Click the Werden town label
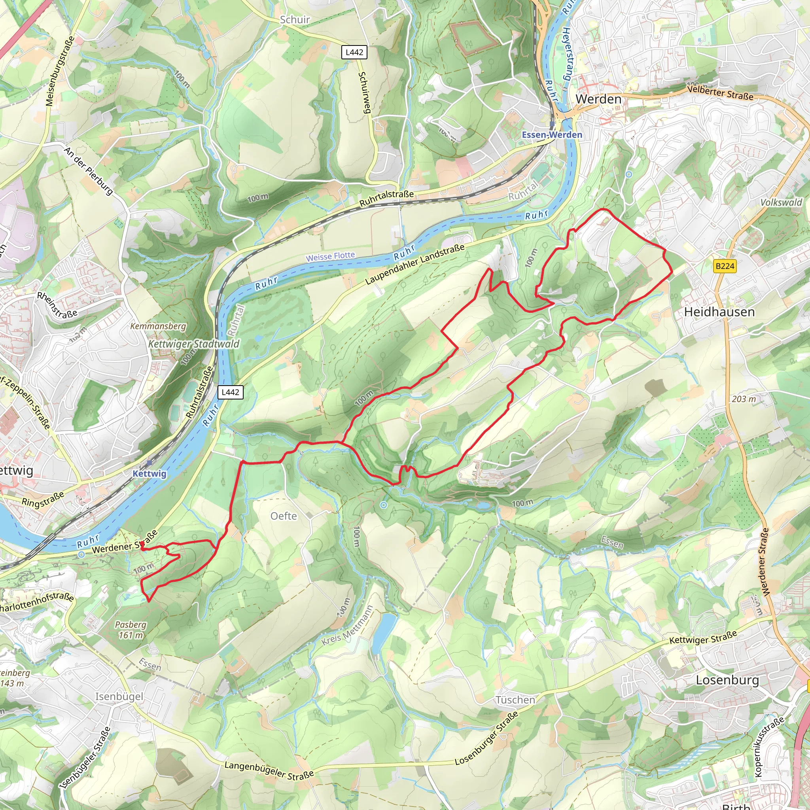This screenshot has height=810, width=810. coord(598,99)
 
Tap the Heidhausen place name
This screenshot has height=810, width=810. coord(719,312)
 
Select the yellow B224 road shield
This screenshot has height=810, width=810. coord(725,266)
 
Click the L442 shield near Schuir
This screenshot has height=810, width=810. coord(354,53)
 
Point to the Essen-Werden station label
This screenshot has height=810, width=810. coord(552,135)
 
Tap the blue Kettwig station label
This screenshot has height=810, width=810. coord(149,474)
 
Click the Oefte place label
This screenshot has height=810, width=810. coord(284,516)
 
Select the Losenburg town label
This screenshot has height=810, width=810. coord(727,680)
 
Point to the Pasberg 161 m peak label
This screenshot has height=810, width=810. coord(131,630)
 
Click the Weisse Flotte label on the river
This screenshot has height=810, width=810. coord(330,256)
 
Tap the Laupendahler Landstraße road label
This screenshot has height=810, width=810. coord(415,264)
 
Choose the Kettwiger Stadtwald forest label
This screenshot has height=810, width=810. coord(194,344)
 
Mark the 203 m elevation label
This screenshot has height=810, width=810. coord(744,399)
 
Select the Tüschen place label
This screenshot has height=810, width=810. coord(515,700)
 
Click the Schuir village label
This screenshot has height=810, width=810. coord(295,20)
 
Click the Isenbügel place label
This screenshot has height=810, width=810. coord(119,696)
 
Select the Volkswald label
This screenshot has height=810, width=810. coord(781,202)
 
